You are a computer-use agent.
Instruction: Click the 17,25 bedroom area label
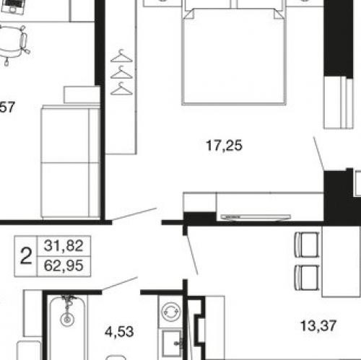click(x=224, y=146)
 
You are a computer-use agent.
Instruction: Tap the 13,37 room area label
click(x=318, y=326)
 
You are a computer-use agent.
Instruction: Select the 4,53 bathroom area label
click(x=119, y=332)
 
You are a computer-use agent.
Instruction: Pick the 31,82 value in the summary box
click(x=64, y=246)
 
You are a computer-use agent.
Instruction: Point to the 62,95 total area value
click(x=64, y=265)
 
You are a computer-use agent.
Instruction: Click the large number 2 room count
click(x=26, y=256)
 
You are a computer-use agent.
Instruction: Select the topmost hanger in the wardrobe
click(x=121, y=56)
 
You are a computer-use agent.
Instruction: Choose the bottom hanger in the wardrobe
click(x=121, y=89)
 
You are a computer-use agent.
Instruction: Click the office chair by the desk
click(x=13, y=43)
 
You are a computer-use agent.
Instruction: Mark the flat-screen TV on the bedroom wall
click(x=256, y=217)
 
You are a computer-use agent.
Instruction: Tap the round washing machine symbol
click(x=171, y=312)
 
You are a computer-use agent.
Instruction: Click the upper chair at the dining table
click(x=307, y=245)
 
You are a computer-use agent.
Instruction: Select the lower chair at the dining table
click(x=307, y=278)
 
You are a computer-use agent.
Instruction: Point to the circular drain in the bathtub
click(x=67, y=320)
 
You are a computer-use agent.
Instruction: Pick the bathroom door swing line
click(x=120, y=284)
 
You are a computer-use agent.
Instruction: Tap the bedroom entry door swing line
click(x=134, y=214)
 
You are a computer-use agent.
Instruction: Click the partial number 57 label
click(x=7, y=107)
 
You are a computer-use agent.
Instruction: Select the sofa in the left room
click(x=70, y=162)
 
